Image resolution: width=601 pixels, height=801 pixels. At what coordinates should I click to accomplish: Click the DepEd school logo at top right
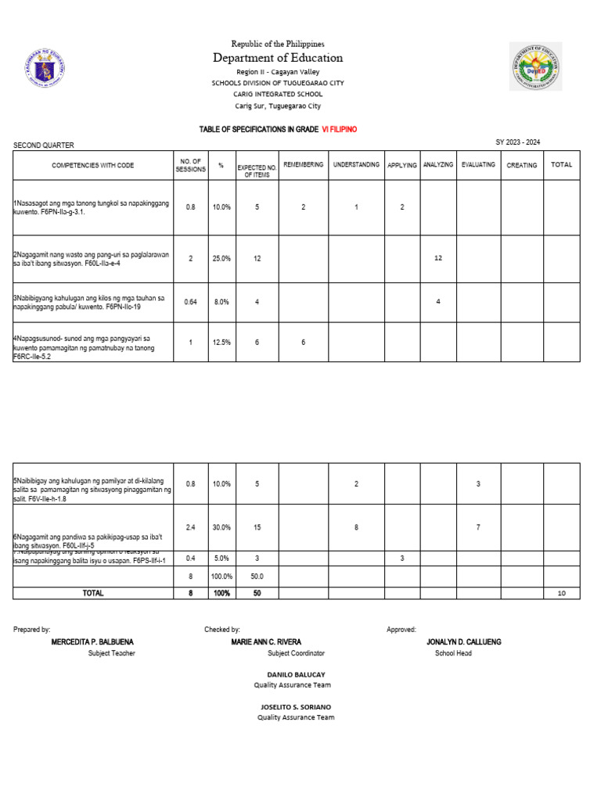pos(535,66)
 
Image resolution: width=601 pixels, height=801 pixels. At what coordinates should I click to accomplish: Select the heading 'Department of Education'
pos(278,58)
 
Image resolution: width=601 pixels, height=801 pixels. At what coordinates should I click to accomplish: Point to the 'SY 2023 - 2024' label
pos(517,142)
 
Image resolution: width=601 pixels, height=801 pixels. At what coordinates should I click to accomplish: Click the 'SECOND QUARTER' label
pos(44,145)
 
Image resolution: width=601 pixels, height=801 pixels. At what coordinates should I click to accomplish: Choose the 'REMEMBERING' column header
pos(303,165)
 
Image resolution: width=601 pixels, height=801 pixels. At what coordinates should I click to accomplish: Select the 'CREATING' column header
pos(521,165)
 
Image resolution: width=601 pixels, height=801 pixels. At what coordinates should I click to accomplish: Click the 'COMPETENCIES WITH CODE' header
pos(93,165)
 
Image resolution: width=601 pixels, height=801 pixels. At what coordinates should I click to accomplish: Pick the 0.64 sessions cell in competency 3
pos(190,301)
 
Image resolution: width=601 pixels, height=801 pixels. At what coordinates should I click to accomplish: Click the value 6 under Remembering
pos(303,342)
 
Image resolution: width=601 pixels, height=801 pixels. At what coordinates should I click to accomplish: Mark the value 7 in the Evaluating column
pos(478,527)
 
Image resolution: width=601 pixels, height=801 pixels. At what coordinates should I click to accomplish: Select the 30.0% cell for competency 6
pos(221,527)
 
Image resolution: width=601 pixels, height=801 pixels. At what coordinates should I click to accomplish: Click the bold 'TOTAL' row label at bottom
pos(93,593)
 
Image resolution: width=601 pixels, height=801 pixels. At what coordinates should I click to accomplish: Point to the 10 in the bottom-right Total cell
pos(561,594)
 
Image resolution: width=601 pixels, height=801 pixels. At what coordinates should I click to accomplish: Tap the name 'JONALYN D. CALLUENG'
pos(464,641)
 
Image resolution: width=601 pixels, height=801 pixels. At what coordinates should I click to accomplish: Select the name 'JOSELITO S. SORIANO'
pos(296,706)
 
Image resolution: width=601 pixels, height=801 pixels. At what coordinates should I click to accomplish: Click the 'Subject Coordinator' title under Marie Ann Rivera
pos(296,653)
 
